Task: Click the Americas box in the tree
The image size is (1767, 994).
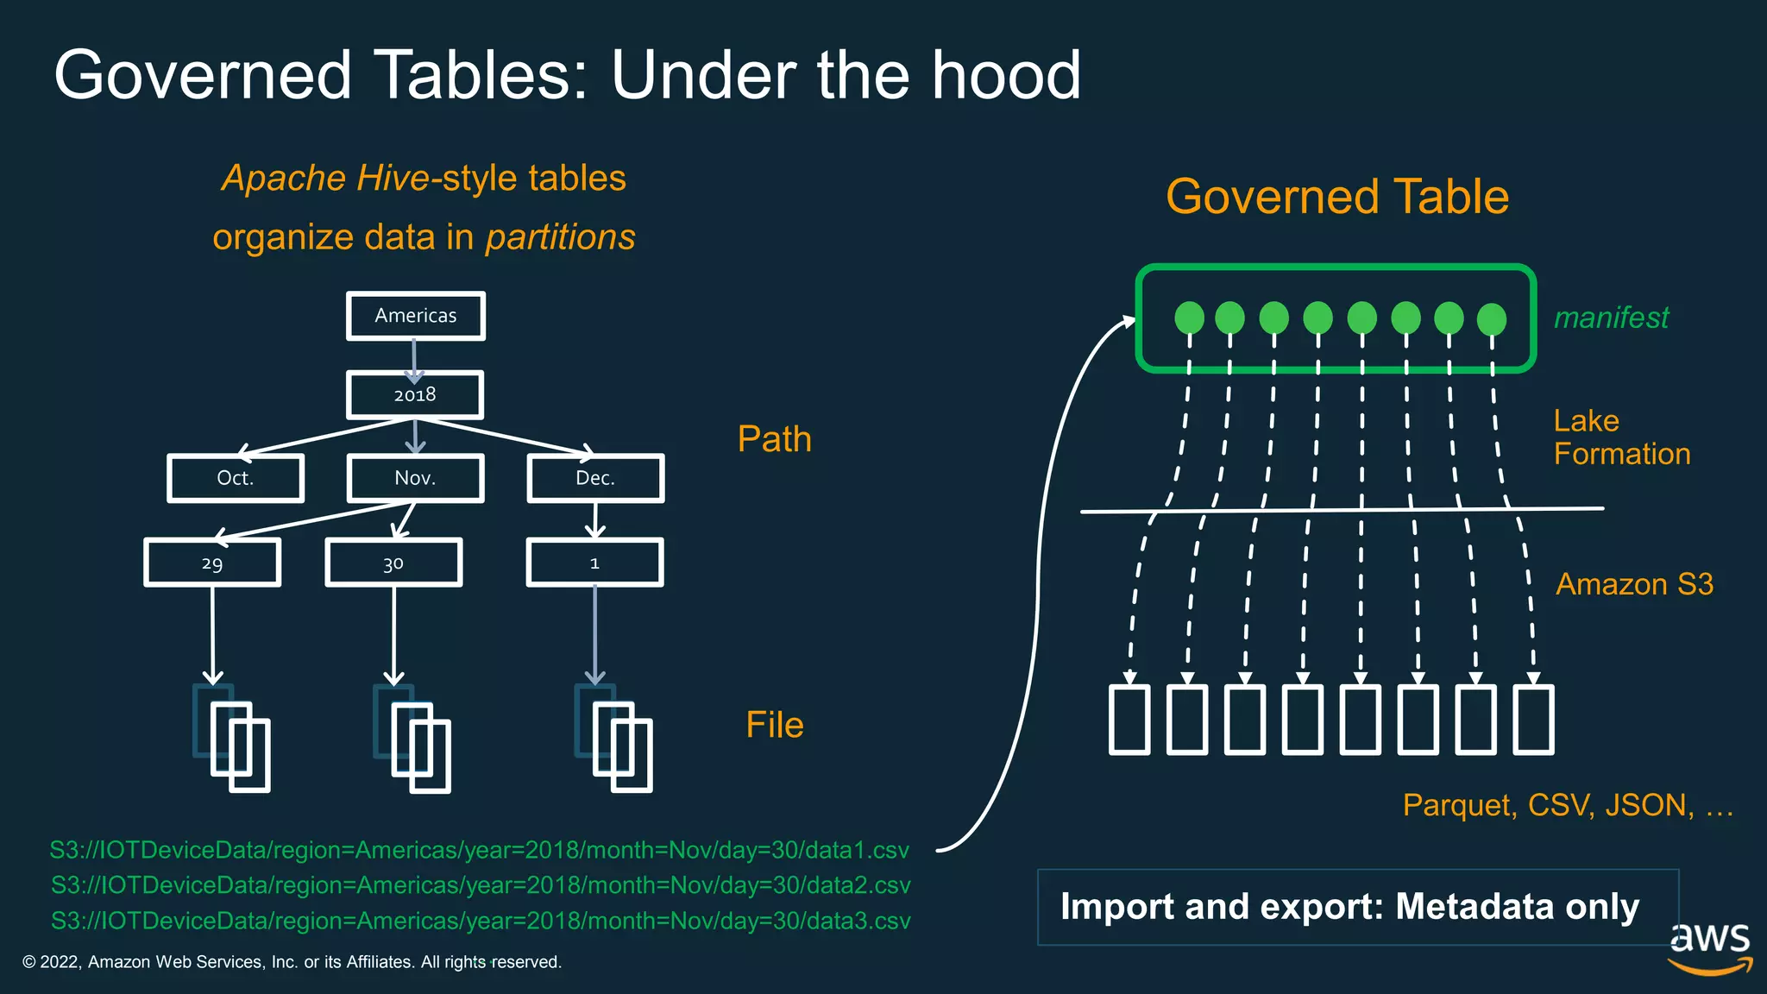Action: tap(415, 316)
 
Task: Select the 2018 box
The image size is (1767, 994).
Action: tap(415, 395)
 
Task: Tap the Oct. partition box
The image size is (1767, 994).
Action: tap(236, 478)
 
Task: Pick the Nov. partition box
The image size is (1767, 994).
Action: tap(415, 478)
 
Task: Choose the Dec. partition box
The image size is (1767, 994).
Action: tap(595, 478)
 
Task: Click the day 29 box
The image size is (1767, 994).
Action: tap(212, 563)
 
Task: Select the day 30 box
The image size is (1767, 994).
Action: tap(393, 563)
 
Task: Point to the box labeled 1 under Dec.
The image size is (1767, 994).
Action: tap(594, 563)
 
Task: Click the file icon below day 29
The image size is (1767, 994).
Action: tap(233, 739)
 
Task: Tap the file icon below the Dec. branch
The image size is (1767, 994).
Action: tap(614, 739)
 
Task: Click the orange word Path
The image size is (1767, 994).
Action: tap(774, 439)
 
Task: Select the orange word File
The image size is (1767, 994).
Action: tap(774, 725)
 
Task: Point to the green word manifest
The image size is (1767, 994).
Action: tap(1611, 318)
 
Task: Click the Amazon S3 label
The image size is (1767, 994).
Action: tap(1634, 584)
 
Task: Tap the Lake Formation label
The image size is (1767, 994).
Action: tap(1621, 437)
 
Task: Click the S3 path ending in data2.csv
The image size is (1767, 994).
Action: tap(481, 885)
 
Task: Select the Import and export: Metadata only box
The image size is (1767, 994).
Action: tap(1357, 907)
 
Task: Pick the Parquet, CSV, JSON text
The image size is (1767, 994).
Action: tap(1567, 805)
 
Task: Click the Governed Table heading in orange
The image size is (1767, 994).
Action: tap(1336, 197)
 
